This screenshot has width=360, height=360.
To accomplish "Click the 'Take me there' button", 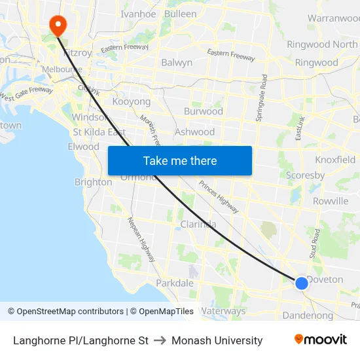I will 180,161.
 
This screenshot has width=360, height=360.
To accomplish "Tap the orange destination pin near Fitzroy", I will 58,25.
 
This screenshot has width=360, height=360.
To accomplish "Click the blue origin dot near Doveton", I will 301,283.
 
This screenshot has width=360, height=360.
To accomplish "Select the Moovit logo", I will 321,340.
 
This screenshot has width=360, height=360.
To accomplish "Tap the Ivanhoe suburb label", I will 138,14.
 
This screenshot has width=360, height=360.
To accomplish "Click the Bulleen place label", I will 180,14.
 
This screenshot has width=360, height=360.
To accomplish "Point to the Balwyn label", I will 177,63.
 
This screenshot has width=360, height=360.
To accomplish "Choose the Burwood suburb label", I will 203,111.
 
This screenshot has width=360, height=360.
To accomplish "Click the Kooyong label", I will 132,102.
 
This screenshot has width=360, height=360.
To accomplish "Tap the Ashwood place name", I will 194,132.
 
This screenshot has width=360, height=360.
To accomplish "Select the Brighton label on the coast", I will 93,182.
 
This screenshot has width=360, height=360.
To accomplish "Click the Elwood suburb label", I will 83,147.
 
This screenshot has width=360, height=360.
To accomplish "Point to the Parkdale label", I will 175,283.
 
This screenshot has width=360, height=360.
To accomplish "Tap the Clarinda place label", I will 198,225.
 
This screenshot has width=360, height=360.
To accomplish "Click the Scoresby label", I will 305,175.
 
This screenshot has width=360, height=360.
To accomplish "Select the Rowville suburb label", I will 331,201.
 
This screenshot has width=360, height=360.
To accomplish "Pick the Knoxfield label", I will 335,160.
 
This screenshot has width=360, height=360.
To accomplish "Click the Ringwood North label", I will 322,45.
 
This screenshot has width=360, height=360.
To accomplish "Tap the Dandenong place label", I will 308,315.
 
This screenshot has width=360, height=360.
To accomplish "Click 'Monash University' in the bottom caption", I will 217,340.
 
